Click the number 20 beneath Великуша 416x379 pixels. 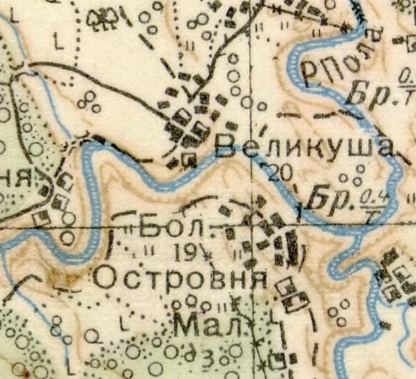pyautogui.click(x=280, y=173)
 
